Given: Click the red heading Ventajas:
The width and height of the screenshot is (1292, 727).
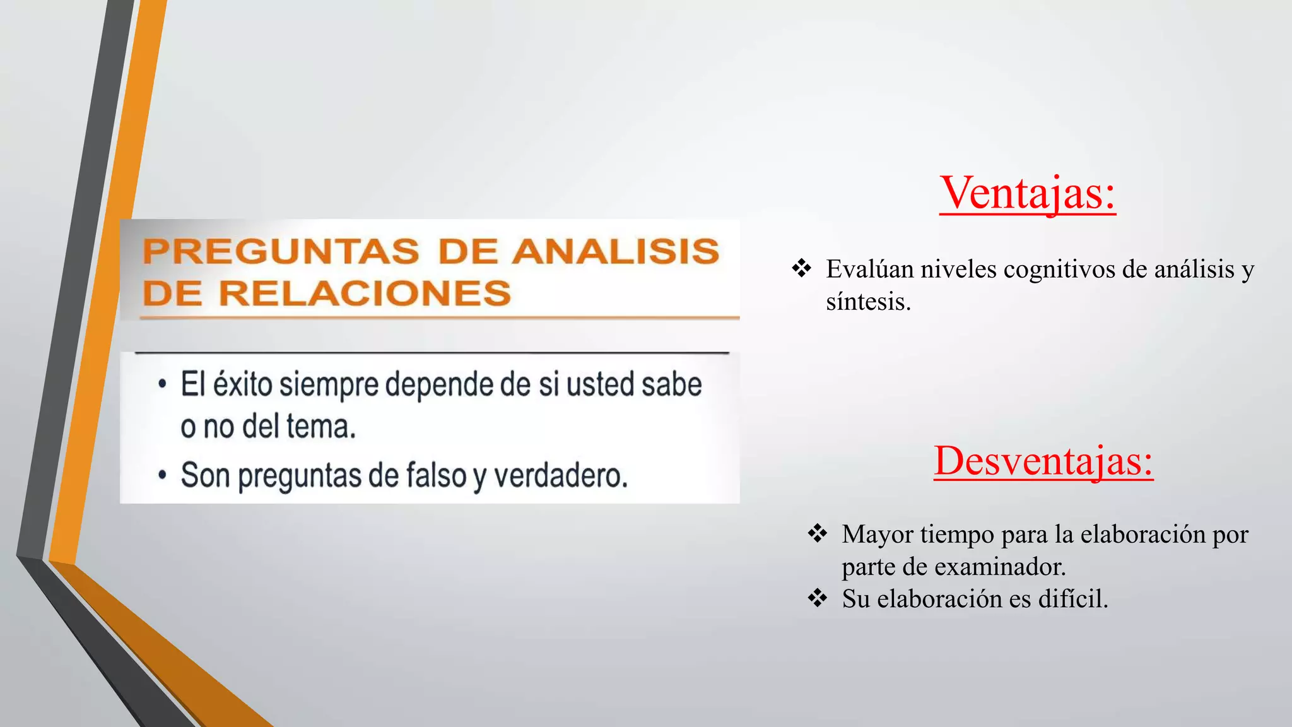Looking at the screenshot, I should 1027,192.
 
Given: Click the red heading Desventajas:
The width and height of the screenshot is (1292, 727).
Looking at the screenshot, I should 1043,461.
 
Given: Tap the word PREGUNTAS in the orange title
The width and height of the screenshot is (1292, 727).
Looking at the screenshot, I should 281,251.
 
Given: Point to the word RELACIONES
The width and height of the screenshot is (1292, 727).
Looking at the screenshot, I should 365,293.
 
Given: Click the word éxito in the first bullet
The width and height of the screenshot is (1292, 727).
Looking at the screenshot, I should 243,384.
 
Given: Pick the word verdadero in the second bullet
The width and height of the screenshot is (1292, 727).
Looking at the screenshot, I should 560,475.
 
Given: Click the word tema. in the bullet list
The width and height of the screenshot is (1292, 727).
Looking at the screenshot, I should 321,427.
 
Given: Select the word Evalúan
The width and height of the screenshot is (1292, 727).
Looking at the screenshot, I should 870,269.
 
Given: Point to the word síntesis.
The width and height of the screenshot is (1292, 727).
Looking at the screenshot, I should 868,302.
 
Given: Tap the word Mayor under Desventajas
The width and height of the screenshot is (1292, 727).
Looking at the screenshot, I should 878,535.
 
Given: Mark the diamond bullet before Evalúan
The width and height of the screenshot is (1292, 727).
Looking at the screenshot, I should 801,268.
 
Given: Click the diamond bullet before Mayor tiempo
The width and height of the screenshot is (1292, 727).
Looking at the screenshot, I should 817,533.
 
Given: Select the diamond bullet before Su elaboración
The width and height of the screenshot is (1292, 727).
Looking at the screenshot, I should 817,598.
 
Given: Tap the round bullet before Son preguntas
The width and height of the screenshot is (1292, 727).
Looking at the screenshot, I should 163,475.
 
